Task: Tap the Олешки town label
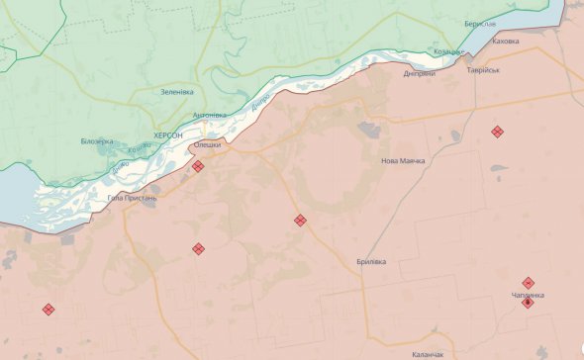pos(207,144)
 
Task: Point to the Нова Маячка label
pos(403,160)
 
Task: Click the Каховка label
pos(505,41)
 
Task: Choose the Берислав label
pos(480,23)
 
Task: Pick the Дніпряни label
pos(420,73)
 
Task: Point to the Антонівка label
pos(209,115)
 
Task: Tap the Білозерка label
pos(98,141)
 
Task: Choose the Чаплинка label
pos(528,295)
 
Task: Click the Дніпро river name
pos(260,103)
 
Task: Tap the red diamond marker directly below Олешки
pos(198,167)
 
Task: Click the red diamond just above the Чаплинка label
pos(529,282)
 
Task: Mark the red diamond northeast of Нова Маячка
pos(497,132)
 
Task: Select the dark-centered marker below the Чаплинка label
pos(528,304)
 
